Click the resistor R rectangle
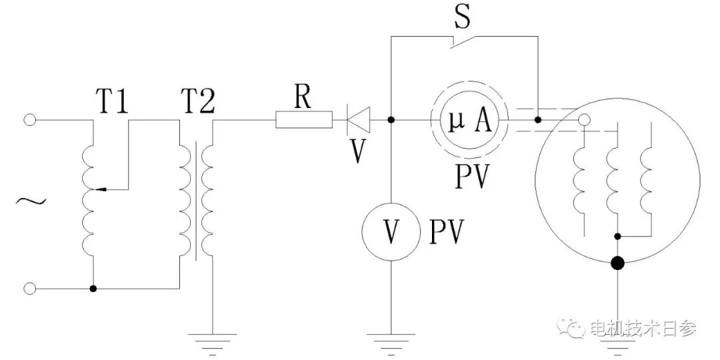(304, 121)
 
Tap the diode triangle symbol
(358, 121)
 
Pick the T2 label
(197, 103)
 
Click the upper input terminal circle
(29, 121)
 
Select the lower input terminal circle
(29, 289)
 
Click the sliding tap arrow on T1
(101, 189)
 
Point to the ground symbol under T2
(212, 339)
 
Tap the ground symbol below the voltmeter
(391, 339)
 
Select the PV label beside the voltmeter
(447, 231)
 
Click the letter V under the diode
(359, 152)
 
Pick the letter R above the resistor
(303, 98)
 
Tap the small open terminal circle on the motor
(584, 121)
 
